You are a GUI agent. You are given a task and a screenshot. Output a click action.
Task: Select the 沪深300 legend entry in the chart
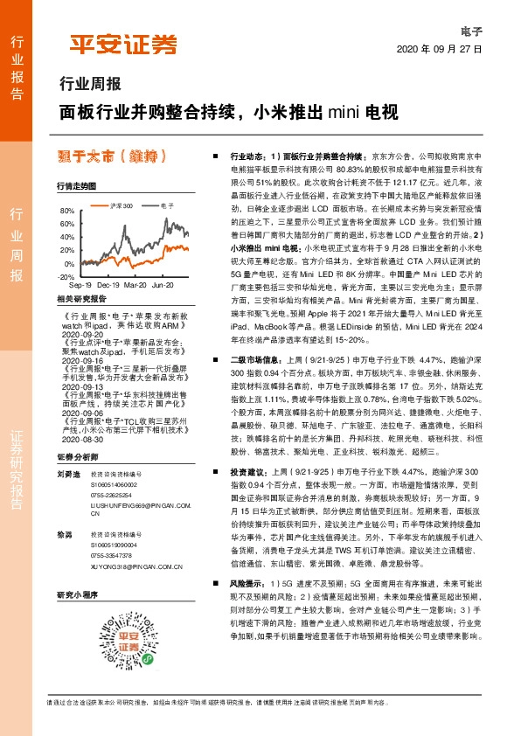[x=122, y=205]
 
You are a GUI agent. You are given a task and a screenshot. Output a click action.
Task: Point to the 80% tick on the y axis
[x=67, y=212]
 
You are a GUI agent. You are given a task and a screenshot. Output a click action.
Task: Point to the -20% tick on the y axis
[x=66, y=276]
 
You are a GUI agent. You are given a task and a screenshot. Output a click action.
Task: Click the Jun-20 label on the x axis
[x=163, y=286]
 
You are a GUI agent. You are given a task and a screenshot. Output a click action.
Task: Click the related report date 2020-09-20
[x=85, y=334]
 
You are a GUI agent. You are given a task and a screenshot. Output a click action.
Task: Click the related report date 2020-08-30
[x=85, y=416]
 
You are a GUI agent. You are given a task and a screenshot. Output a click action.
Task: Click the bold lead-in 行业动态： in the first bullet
[x=247, y=153]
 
